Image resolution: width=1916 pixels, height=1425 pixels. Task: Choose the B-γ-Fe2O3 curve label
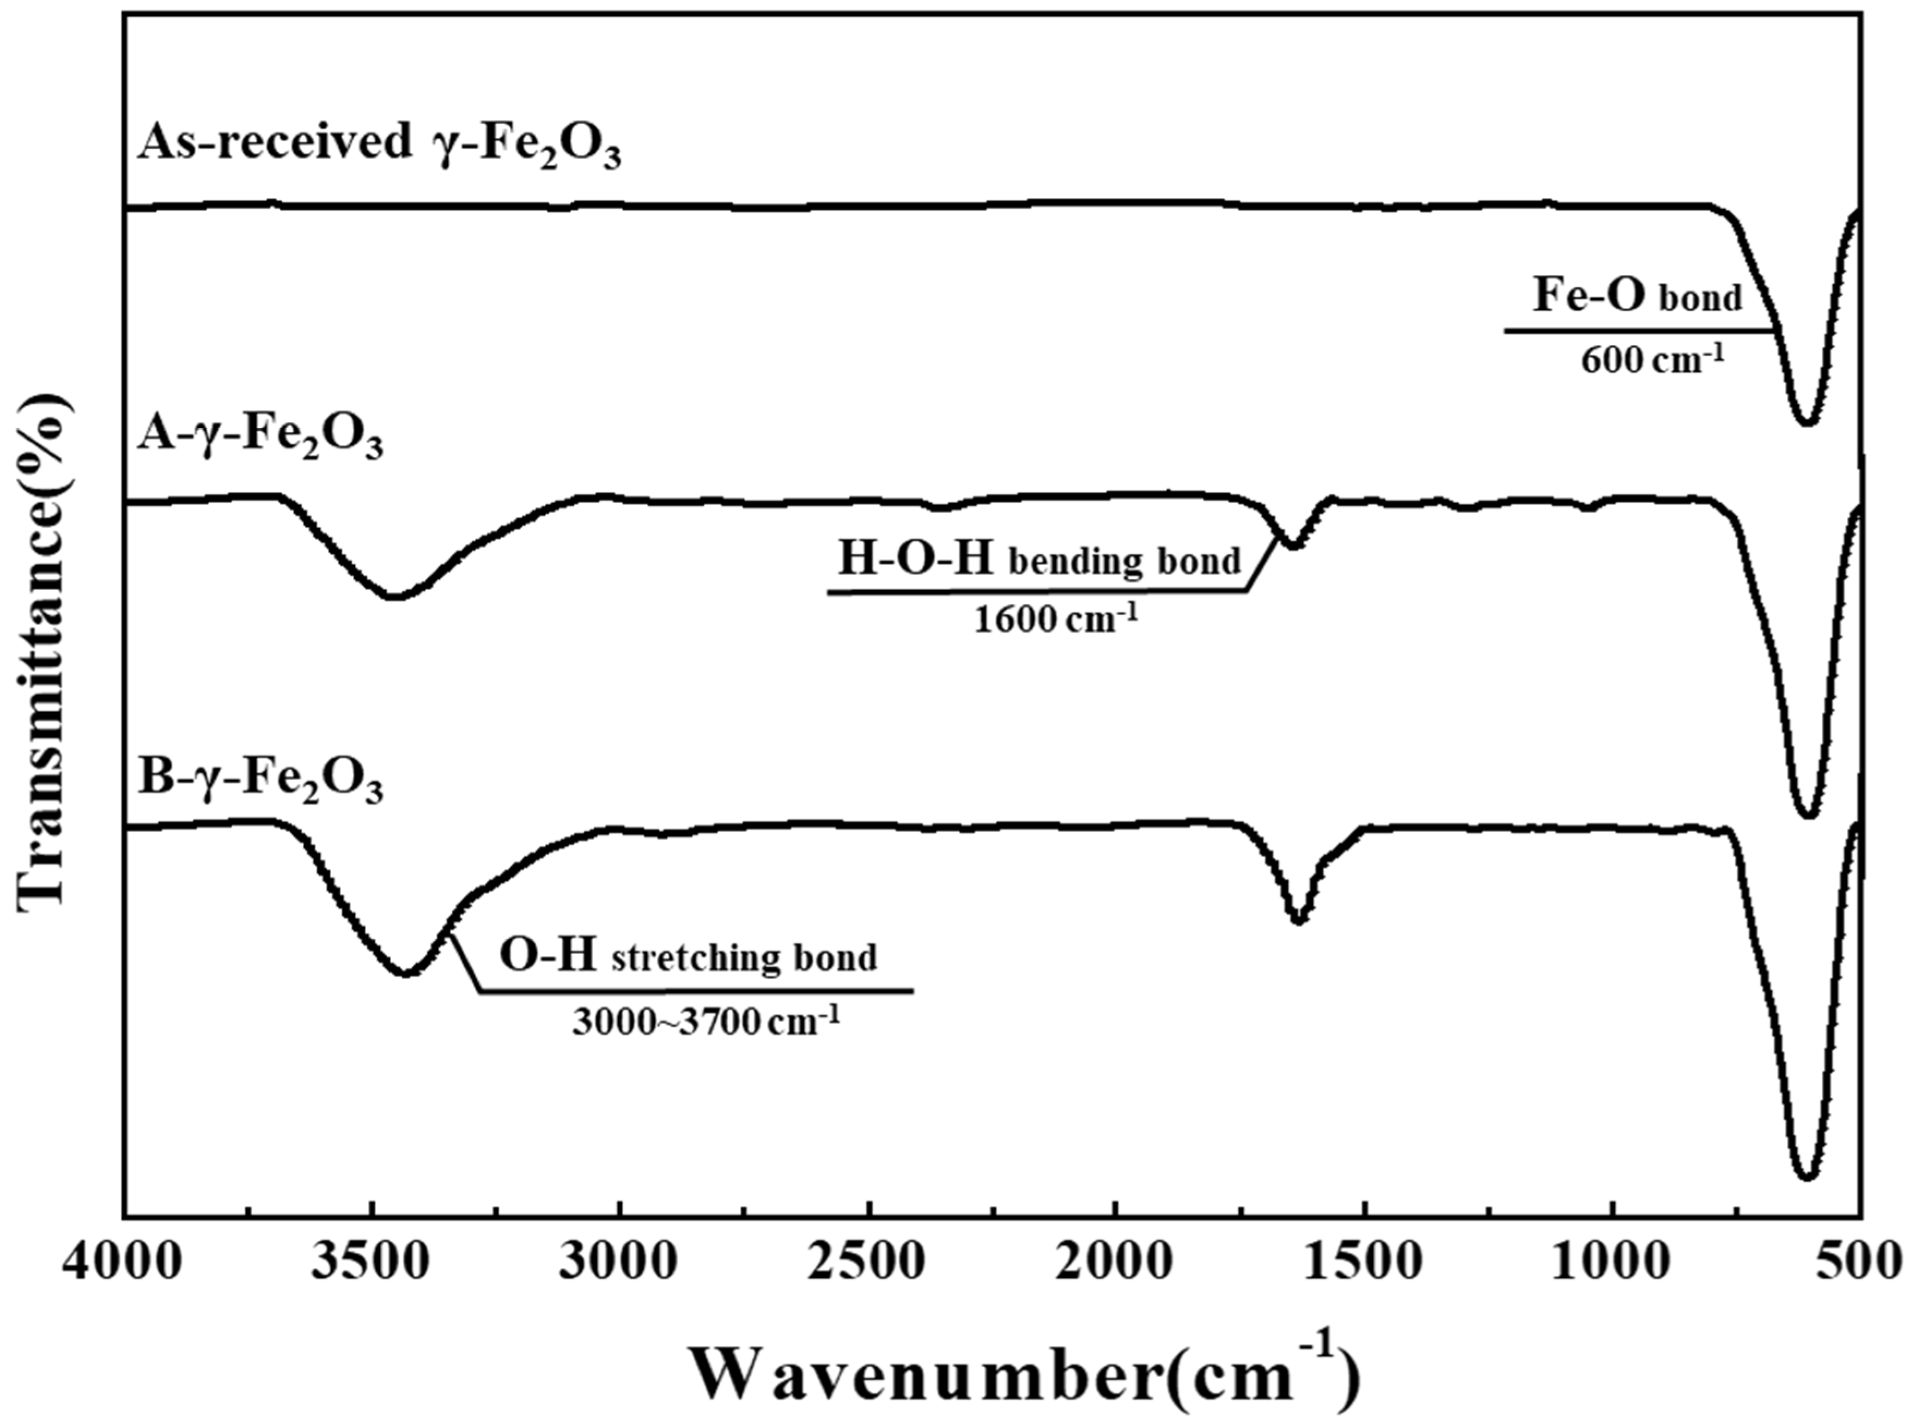(259, 778)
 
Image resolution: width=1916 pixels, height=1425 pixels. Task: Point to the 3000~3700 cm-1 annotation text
(705, 1022)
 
